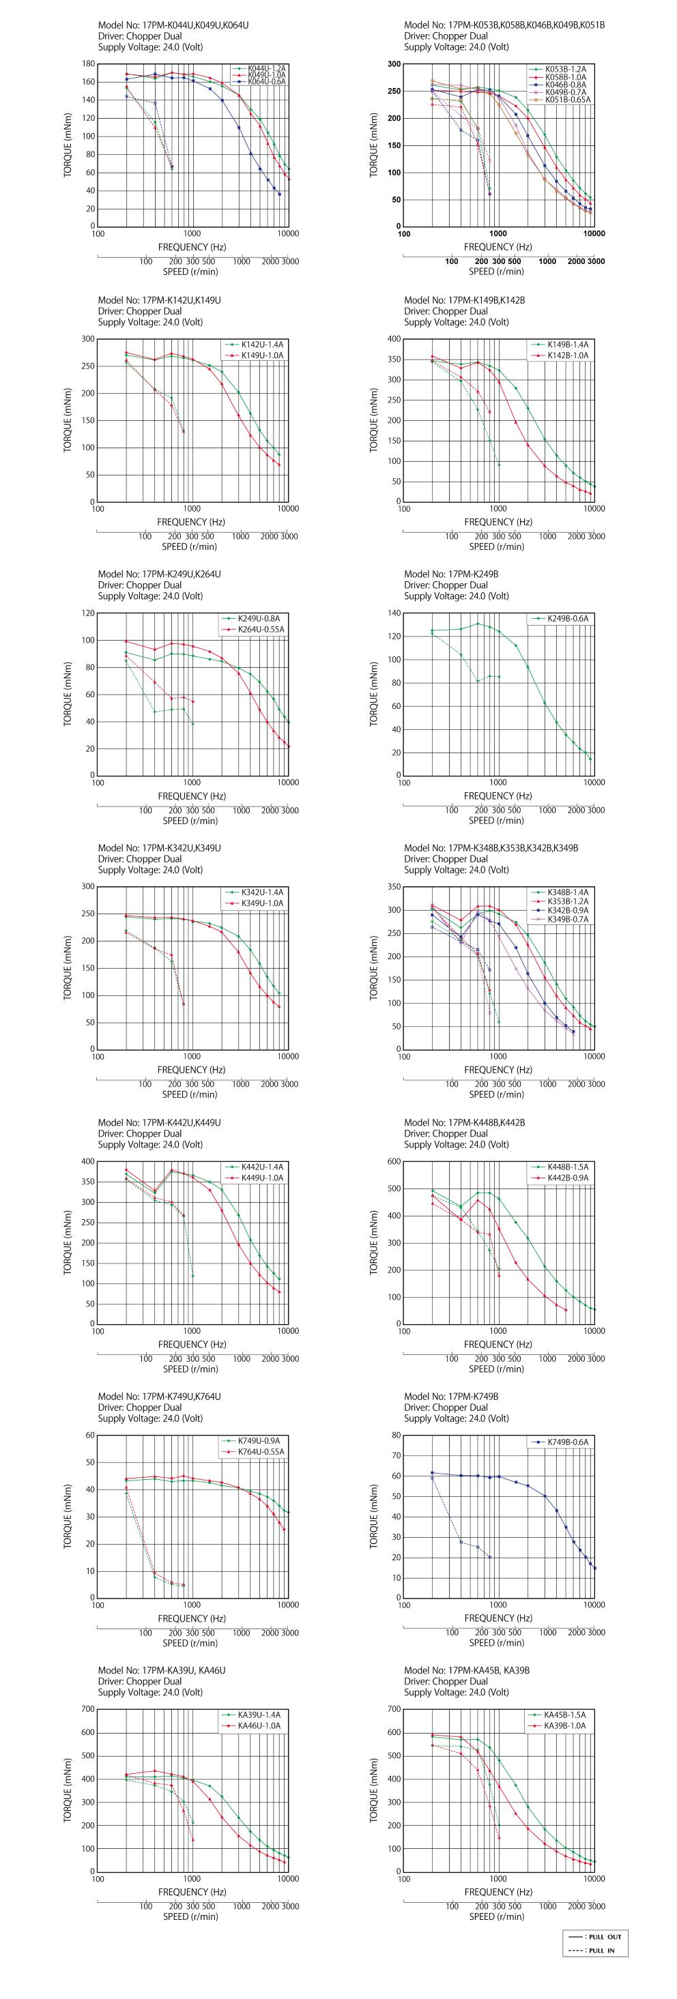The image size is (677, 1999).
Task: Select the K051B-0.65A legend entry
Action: click(x=566, y=100)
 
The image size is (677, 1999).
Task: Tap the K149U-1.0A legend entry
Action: click(x=261, y=355)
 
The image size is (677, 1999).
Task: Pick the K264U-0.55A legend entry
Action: click(x=260, y=629)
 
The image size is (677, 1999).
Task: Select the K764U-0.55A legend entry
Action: click(x=260, y=1451)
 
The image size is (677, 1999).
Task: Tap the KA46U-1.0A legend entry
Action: click(x=259, y=1725)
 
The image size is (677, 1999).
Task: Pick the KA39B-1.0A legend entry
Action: click(x=564, y=1725)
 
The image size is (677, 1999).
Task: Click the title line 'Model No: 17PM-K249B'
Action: click(x=451, y=574)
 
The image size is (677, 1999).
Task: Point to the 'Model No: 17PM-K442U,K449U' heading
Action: click(x=159, y=1122)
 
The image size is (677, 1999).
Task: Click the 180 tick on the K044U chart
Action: click(x=89, y=63)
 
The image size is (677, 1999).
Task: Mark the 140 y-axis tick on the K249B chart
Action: click(x=394, y=613)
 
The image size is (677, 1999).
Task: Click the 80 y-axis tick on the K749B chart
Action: click(x=396, y=1435)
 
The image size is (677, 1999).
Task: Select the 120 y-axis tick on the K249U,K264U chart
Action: click(x=89, y=613)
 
